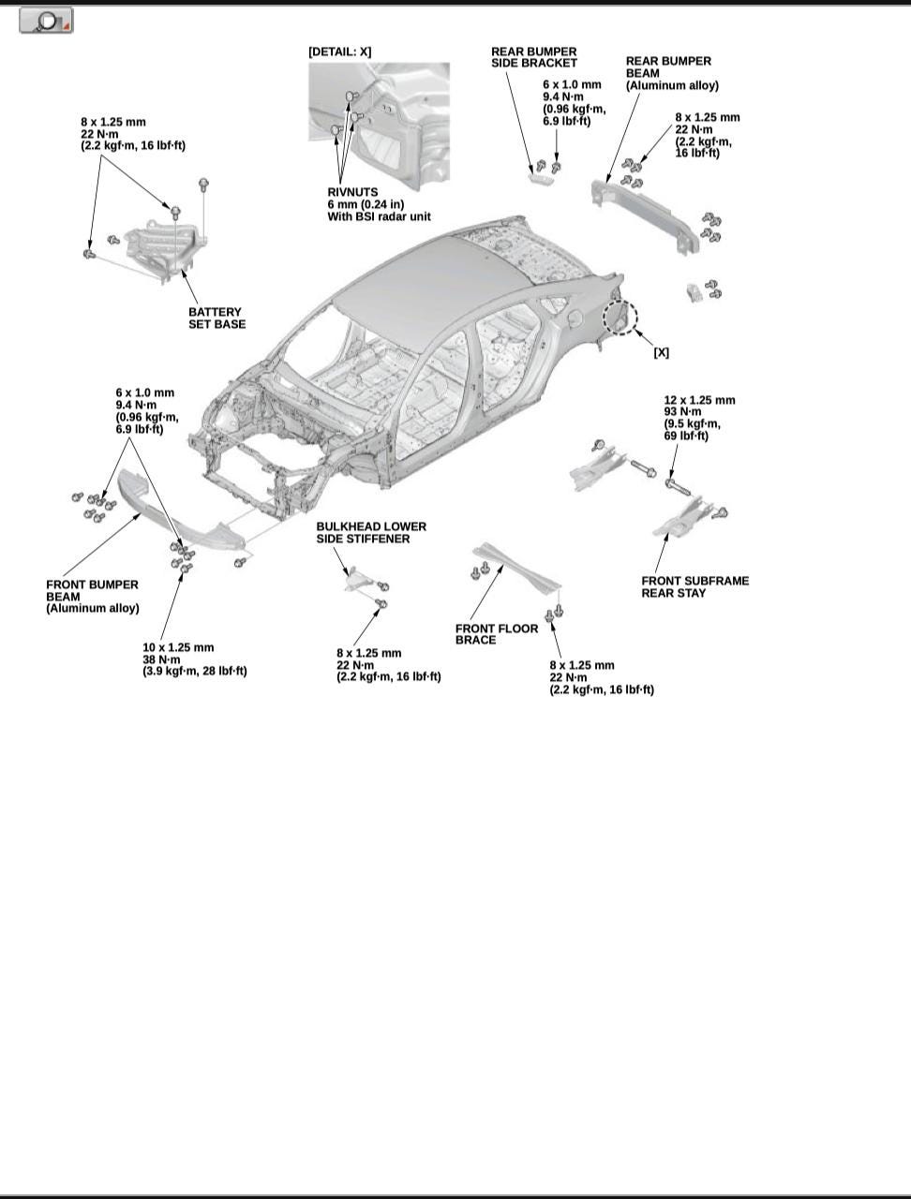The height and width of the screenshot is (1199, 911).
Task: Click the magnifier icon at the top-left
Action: (x=46, y=20)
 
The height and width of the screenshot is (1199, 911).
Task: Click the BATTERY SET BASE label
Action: (x=217, y=318)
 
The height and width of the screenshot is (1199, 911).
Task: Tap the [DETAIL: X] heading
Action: (x=339, y=52)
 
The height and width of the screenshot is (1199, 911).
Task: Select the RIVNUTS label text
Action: (x=352, y=192)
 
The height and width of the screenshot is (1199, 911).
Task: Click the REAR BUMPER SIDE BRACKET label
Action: (x=534, y=57)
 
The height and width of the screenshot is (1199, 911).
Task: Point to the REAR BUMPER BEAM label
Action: (x=669, y=67)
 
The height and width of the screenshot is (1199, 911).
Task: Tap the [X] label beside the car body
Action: (x=661, y=352)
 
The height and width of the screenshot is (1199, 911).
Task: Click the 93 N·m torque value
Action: (x=683, y=412)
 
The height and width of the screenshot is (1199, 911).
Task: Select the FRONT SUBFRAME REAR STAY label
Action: (x=694, y=586)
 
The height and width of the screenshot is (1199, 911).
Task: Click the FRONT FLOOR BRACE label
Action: (x=497, y=634)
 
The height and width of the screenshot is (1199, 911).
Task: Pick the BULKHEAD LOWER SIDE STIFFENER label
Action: (x=371, y=533)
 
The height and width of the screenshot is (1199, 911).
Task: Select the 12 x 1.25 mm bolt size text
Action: (x=699, y=400)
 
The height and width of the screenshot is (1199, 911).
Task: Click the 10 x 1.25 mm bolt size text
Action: (x=178, y=647)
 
